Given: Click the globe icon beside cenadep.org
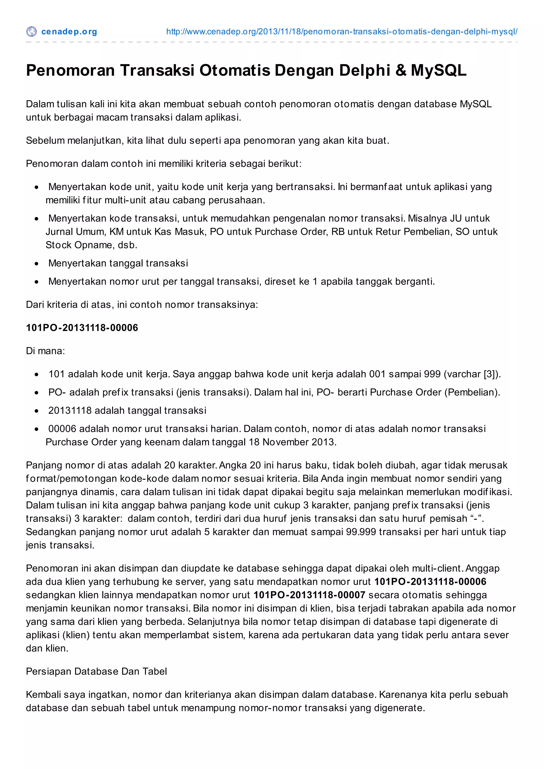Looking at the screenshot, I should tap(31, 32).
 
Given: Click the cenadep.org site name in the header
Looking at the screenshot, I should tap(69, 32).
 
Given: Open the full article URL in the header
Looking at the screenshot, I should tap(342, 32).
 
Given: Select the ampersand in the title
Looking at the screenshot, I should tap(401, 71).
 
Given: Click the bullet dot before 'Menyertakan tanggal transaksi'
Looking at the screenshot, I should tap(37, 263).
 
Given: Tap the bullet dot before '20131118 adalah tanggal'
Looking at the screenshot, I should tap(37, 411).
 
